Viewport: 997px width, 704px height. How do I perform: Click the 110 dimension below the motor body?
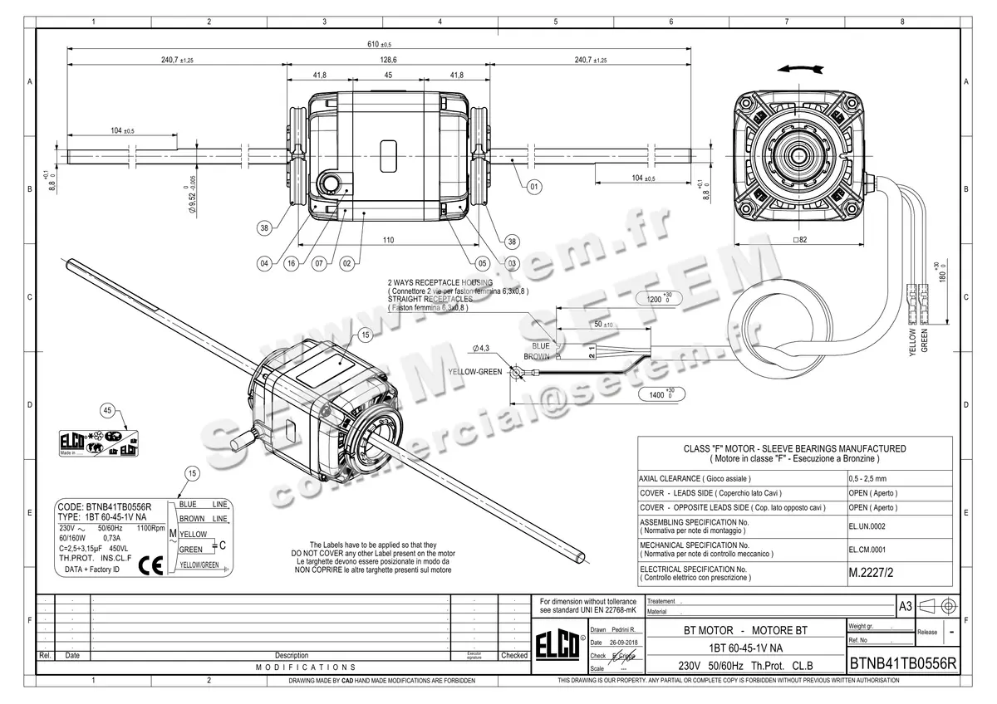pos(387,240)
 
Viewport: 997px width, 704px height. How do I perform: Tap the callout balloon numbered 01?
pos(533,186)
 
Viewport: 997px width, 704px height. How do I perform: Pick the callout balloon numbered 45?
pos(107,410)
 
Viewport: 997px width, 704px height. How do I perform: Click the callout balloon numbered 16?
pos(291,263)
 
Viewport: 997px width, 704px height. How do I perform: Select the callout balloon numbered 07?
pos(318,263)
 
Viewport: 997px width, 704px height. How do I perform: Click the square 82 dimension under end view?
pos(801,240)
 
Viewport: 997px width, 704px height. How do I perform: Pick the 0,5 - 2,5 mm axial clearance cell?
pos(869,479)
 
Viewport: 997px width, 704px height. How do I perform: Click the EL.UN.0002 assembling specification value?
pos(867,526)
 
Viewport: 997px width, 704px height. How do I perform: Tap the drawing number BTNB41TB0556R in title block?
pos(902,664)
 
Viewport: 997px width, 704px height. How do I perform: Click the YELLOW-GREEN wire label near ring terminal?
pos(474,372)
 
